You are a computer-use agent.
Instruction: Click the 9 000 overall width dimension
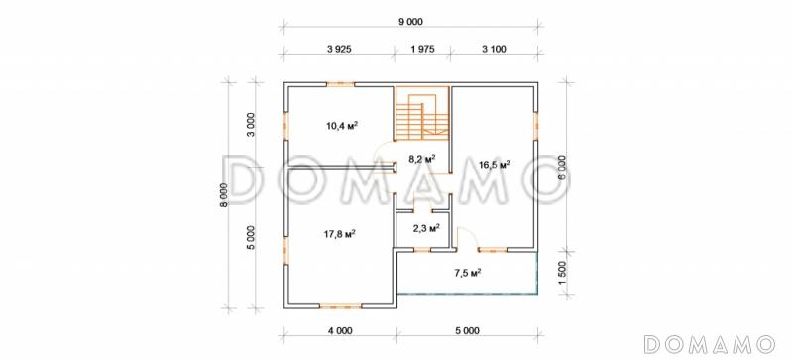click(x=410, y=21)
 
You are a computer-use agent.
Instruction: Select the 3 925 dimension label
click(x=339, y=50)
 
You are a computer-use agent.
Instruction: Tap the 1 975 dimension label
click(x=423, y=50)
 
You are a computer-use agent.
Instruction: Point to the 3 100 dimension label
click(x=494, y=50)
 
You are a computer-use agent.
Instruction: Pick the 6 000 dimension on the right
click(x=563, y=167)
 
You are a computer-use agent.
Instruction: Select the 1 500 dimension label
click(x=563, y=273)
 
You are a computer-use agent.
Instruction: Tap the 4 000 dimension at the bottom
click(x=340, y=331)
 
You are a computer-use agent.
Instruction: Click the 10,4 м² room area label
click(x=342, y=126)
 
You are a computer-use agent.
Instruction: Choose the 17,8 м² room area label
click(x=339, y=233)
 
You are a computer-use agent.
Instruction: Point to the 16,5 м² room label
click(x=494, y=164)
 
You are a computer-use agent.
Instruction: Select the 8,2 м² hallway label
click(x=423, y=159)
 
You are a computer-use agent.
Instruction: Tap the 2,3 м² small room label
click(x=426, y=228)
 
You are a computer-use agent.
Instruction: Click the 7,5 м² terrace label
click(x=467, y=274)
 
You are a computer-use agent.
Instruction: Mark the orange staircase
click(x=422, y=114)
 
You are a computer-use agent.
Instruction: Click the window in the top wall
click(x=340, y=84)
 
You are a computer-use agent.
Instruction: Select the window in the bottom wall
click(x=340, y=305)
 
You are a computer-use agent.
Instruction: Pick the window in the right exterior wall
click(x=535, y=125)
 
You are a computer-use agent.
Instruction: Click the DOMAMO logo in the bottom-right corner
click(x=709, y=344)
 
